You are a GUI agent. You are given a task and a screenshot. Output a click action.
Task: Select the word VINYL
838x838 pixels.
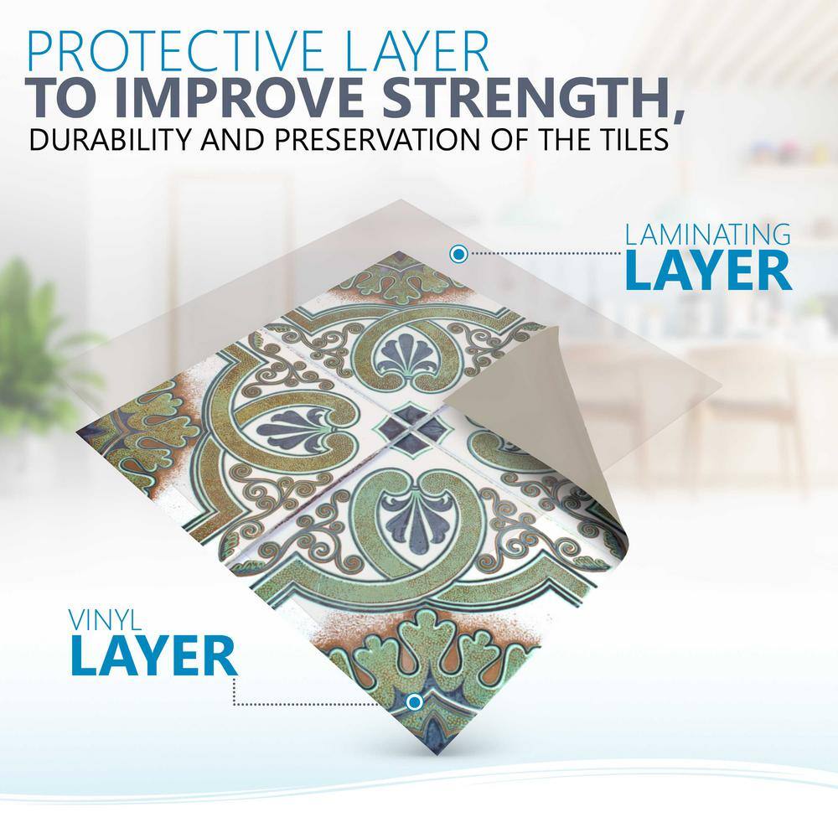(105, 620)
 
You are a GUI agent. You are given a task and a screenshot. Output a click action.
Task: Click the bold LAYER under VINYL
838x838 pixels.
(153, 655)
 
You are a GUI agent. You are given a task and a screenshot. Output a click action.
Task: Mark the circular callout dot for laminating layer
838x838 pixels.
(458, 254)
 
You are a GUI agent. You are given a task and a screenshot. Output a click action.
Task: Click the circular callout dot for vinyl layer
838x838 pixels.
(414, 702)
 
